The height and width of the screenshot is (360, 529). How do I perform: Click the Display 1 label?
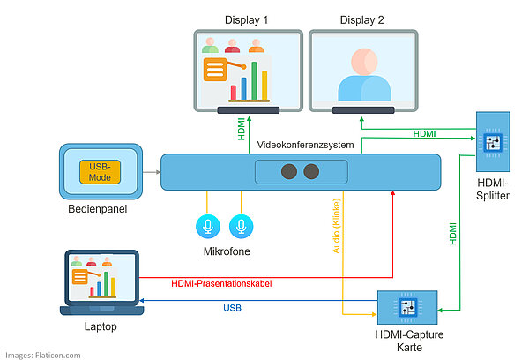pyautogui.click(x=247, y=19)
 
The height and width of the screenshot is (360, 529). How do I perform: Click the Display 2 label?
pyautogui.click(x=362, y=19)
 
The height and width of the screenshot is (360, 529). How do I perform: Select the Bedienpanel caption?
pyautogui.click(x=99, y=211)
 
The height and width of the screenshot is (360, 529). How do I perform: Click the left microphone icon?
pyautogui.click(x=207, y=227)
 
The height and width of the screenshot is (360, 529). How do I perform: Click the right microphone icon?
pyautogui.click(x=239, y=227)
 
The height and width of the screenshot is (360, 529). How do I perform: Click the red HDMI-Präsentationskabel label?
pyautogui.click(x=221, y=283)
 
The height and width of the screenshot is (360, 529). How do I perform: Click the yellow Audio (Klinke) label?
pyautogui.click(x=336, y=225)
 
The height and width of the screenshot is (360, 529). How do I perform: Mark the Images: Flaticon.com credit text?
pyautogui.click(x=42, y=355)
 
